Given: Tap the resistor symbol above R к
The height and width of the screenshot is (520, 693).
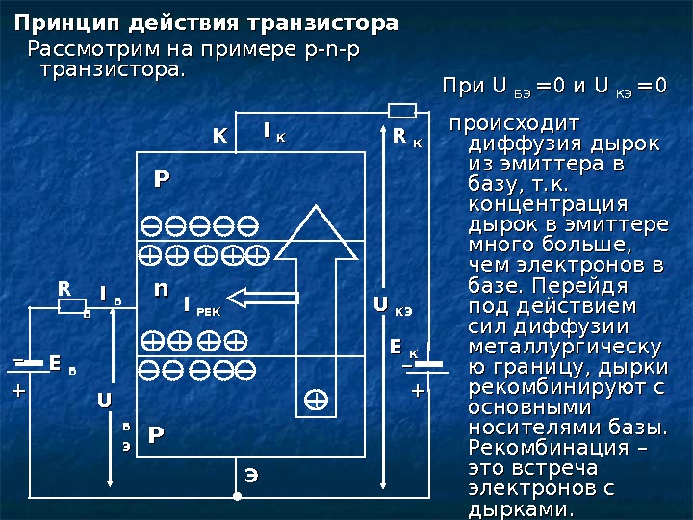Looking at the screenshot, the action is (401, 109).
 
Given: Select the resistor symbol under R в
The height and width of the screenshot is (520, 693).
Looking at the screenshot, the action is (73, 306).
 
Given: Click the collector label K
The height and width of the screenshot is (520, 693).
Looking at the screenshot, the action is (219, 139).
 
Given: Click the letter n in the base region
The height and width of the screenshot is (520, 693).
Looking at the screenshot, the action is (161, 289).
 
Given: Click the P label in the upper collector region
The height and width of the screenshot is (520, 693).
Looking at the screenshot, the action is (162, 179).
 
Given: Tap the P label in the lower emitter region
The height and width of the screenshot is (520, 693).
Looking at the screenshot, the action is (154, 436).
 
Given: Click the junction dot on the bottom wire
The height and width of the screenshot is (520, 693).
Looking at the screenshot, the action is (236, 497).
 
